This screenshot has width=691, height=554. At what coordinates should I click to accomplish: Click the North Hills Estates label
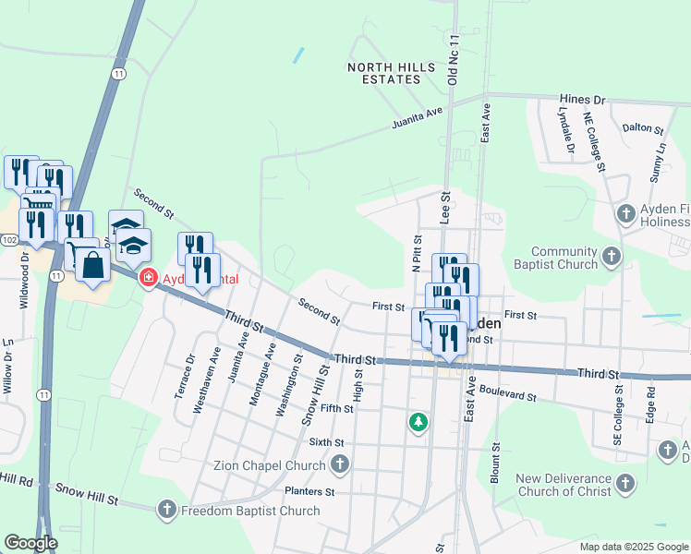(384, 73)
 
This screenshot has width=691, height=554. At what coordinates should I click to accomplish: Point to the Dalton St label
(643, 129)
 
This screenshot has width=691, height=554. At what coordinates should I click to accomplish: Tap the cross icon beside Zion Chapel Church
(340, 465)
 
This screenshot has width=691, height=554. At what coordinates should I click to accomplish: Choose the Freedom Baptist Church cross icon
(166, 510)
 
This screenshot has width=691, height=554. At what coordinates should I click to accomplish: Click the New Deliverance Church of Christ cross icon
(625, 484)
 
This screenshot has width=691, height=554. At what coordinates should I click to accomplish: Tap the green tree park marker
(418, 422)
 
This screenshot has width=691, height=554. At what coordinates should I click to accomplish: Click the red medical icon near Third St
(147, 277)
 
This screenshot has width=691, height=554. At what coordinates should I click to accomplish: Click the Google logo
(30, 543)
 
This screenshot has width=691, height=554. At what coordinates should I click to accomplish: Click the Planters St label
(309, 491)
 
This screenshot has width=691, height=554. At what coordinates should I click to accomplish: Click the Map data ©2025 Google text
(633, 547)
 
